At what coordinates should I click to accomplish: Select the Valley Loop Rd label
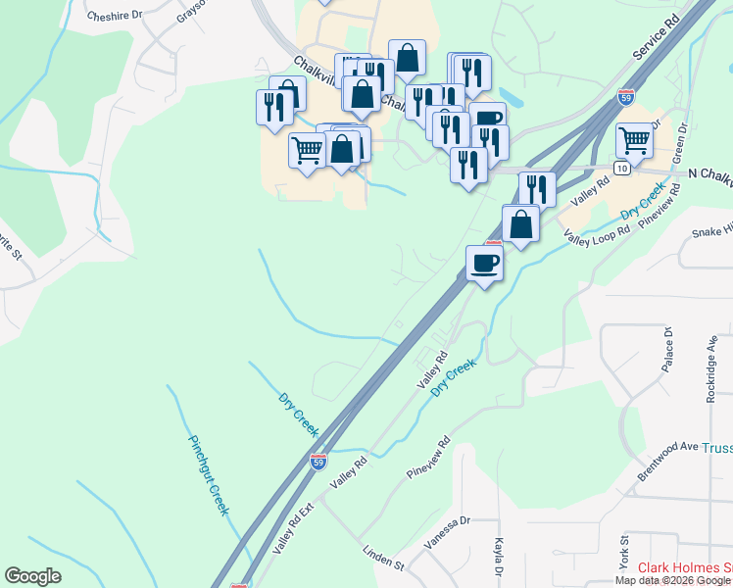595,231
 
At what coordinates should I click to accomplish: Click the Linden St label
383,559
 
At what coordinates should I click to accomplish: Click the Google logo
32,576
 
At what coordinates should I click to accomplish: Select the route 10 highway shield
622,169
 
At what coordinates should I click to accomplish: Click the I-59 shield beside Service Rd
625,96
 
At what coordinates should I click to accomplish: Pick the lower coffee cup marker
484,263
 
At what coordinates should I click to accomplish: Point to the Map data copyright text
673,580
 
